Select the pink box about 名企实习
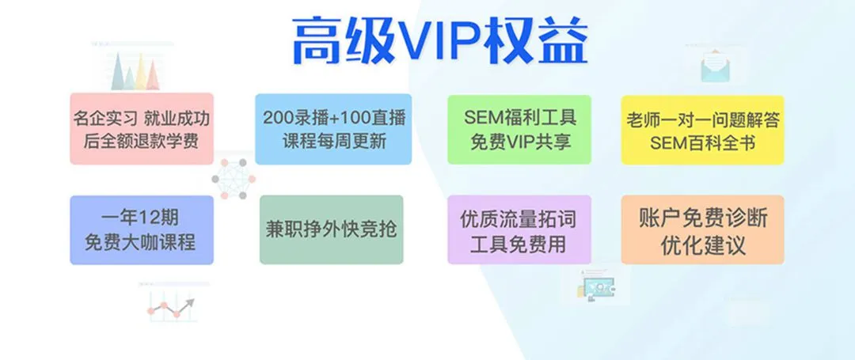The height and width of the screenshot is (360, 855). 142,128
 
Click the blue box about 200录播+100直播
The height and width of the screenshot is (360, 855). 333,128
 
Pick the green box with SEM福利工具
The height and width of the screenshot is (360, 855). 519,130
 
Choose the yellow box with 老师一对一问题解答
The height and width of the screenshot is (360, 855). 702,130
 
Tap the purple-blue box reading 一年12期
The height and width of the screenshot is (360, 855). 142,229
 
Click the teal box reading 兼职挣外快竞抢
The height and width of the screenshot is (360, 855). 332,229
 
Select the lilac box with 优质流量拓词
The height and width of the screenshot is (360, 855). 519,229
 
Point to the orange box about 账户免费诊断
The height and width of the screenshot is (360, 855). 702,229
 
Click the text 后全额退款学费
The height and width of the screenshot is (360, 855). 141,141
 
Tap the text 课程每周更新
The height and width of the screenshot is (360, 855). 334,141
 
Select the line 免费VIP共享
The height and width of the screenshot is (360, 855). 520,142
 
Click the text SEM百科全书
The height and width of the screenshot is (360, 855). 703,143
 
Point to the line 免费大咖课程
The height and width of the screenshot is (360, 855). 141,242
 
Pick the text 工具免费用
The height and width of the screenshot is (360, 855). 519,244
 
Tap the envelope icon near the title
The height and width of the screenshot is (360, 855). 716,66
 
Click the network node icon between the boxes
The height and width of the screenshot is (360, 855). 234,178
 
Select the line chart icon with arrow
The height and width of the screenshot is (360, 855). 171,308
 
